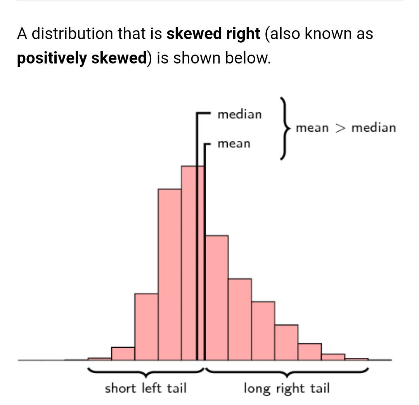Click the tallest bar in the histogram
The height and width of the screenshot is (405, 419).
[189, 263]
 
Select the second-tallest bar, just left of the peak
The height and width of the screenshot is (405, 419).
[170, 275]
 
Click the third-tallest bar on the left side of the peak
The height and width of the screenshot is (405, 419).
[146, 327]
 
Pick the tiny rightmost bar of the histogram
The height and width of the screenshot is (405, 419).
[356, 359]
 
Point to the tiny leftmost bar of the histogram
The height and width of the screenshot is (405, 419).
[100, 359]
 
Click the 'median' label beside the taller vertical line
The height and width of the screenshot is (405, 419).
[240, 115]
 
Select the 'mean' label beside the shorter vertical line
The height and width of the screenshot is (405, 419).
[234, 144]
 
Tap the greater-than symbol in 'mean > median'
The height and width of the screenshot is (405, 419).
[340, 128]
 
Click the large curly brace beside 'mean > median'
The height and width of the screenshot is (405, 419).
[285, 128]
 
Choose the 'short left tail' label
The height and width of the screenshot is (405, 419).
[145, 388]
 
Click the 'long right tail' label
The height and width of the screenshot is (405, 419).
[287, 388]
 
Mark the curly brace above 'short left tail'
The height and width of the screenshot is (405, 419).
[146, 372]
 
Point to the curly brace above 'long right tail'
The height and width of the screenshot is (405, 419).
[287, 372]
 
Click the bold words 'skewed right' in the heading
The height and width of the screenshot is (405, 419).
[213, 34]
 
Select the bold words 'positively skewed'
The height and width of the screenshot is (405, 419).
[82, 58]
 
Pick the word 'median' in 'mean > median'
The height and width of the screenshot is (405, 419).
[374, 128]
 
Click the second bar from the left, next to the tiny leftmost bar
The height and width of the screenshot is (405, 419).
[123, 354]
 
